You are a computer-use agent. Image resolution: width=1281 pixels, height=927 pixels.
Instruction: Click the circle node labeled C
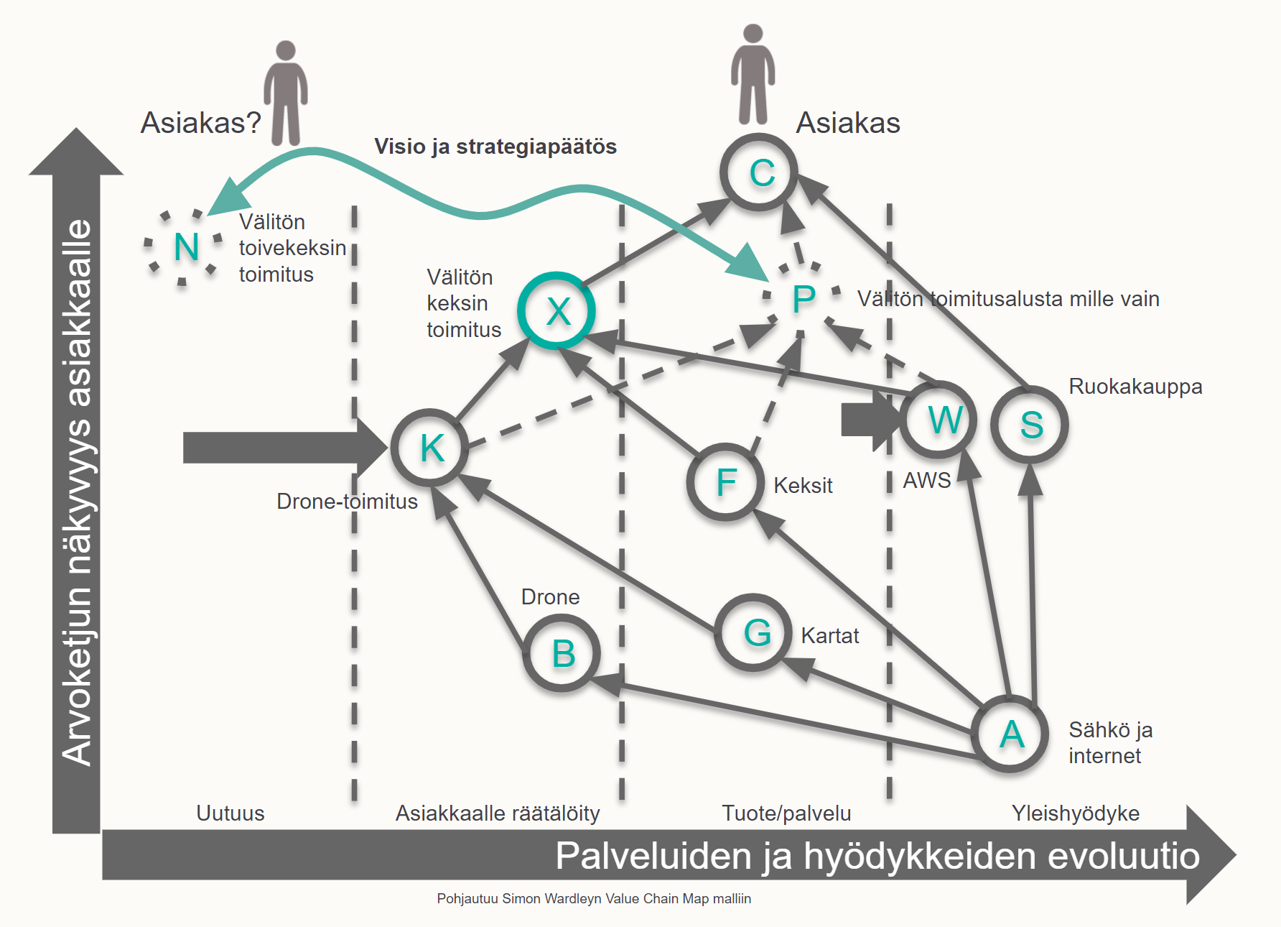(x=759, y=172)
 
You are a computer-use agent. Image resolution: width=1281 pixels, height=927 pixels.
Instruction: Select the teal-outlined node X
(x=556, y=311)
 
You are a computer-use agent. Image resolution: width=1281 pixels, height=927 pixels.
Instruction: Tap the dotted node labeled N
(x=185, y=247)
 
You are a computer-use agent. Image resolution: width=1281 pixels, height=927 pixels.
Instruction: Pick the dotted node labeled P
(x=803, y=298)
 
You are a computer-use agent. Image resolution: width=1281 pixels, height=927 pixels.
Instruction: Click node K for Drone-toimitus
(x=431, y=448)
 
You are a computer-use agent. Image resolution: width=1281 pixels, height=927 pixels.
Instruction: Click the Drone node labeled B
(x=562, y=654)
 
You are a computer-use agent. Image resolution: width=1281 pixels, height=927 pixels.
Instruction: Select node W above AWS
(x=939, y=420)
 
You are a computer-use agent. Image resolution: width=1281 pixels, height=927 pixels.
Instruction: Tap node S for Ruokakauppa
(x=1030, y=425)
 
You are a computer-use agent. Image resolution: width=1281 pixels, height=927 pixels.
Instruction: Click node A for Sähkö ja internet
(x=1010, y=734)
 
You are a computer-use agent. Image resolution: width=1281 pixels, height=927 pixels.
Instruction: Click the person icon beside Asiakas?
(x=286, y=93)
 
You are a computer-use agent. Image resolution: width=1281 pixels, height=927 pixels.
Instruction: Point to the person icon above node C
(x=753, y=75)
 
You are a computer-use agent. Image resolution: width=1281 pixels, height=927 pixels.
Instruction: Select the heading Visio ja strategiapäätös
(x=495, y=147)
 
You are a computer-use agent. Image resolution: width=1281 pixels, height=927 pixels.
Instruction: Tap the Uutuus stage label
(x=230, y=813)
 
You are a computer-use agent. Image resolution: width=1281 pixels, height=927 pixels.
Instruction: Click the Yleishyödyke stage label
(x=1075, y=813)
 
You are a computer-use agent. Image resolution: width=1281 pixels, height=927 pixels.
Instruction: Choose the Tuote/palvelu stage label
(x=786, y=813)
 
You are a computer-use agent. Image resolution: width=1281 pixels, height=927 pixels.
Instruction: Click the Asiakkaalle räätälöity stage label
(x=498, y=813)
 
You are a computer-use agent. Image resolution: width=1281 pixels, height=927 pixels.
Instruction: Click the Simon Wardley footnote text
(x=594, y=899)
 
